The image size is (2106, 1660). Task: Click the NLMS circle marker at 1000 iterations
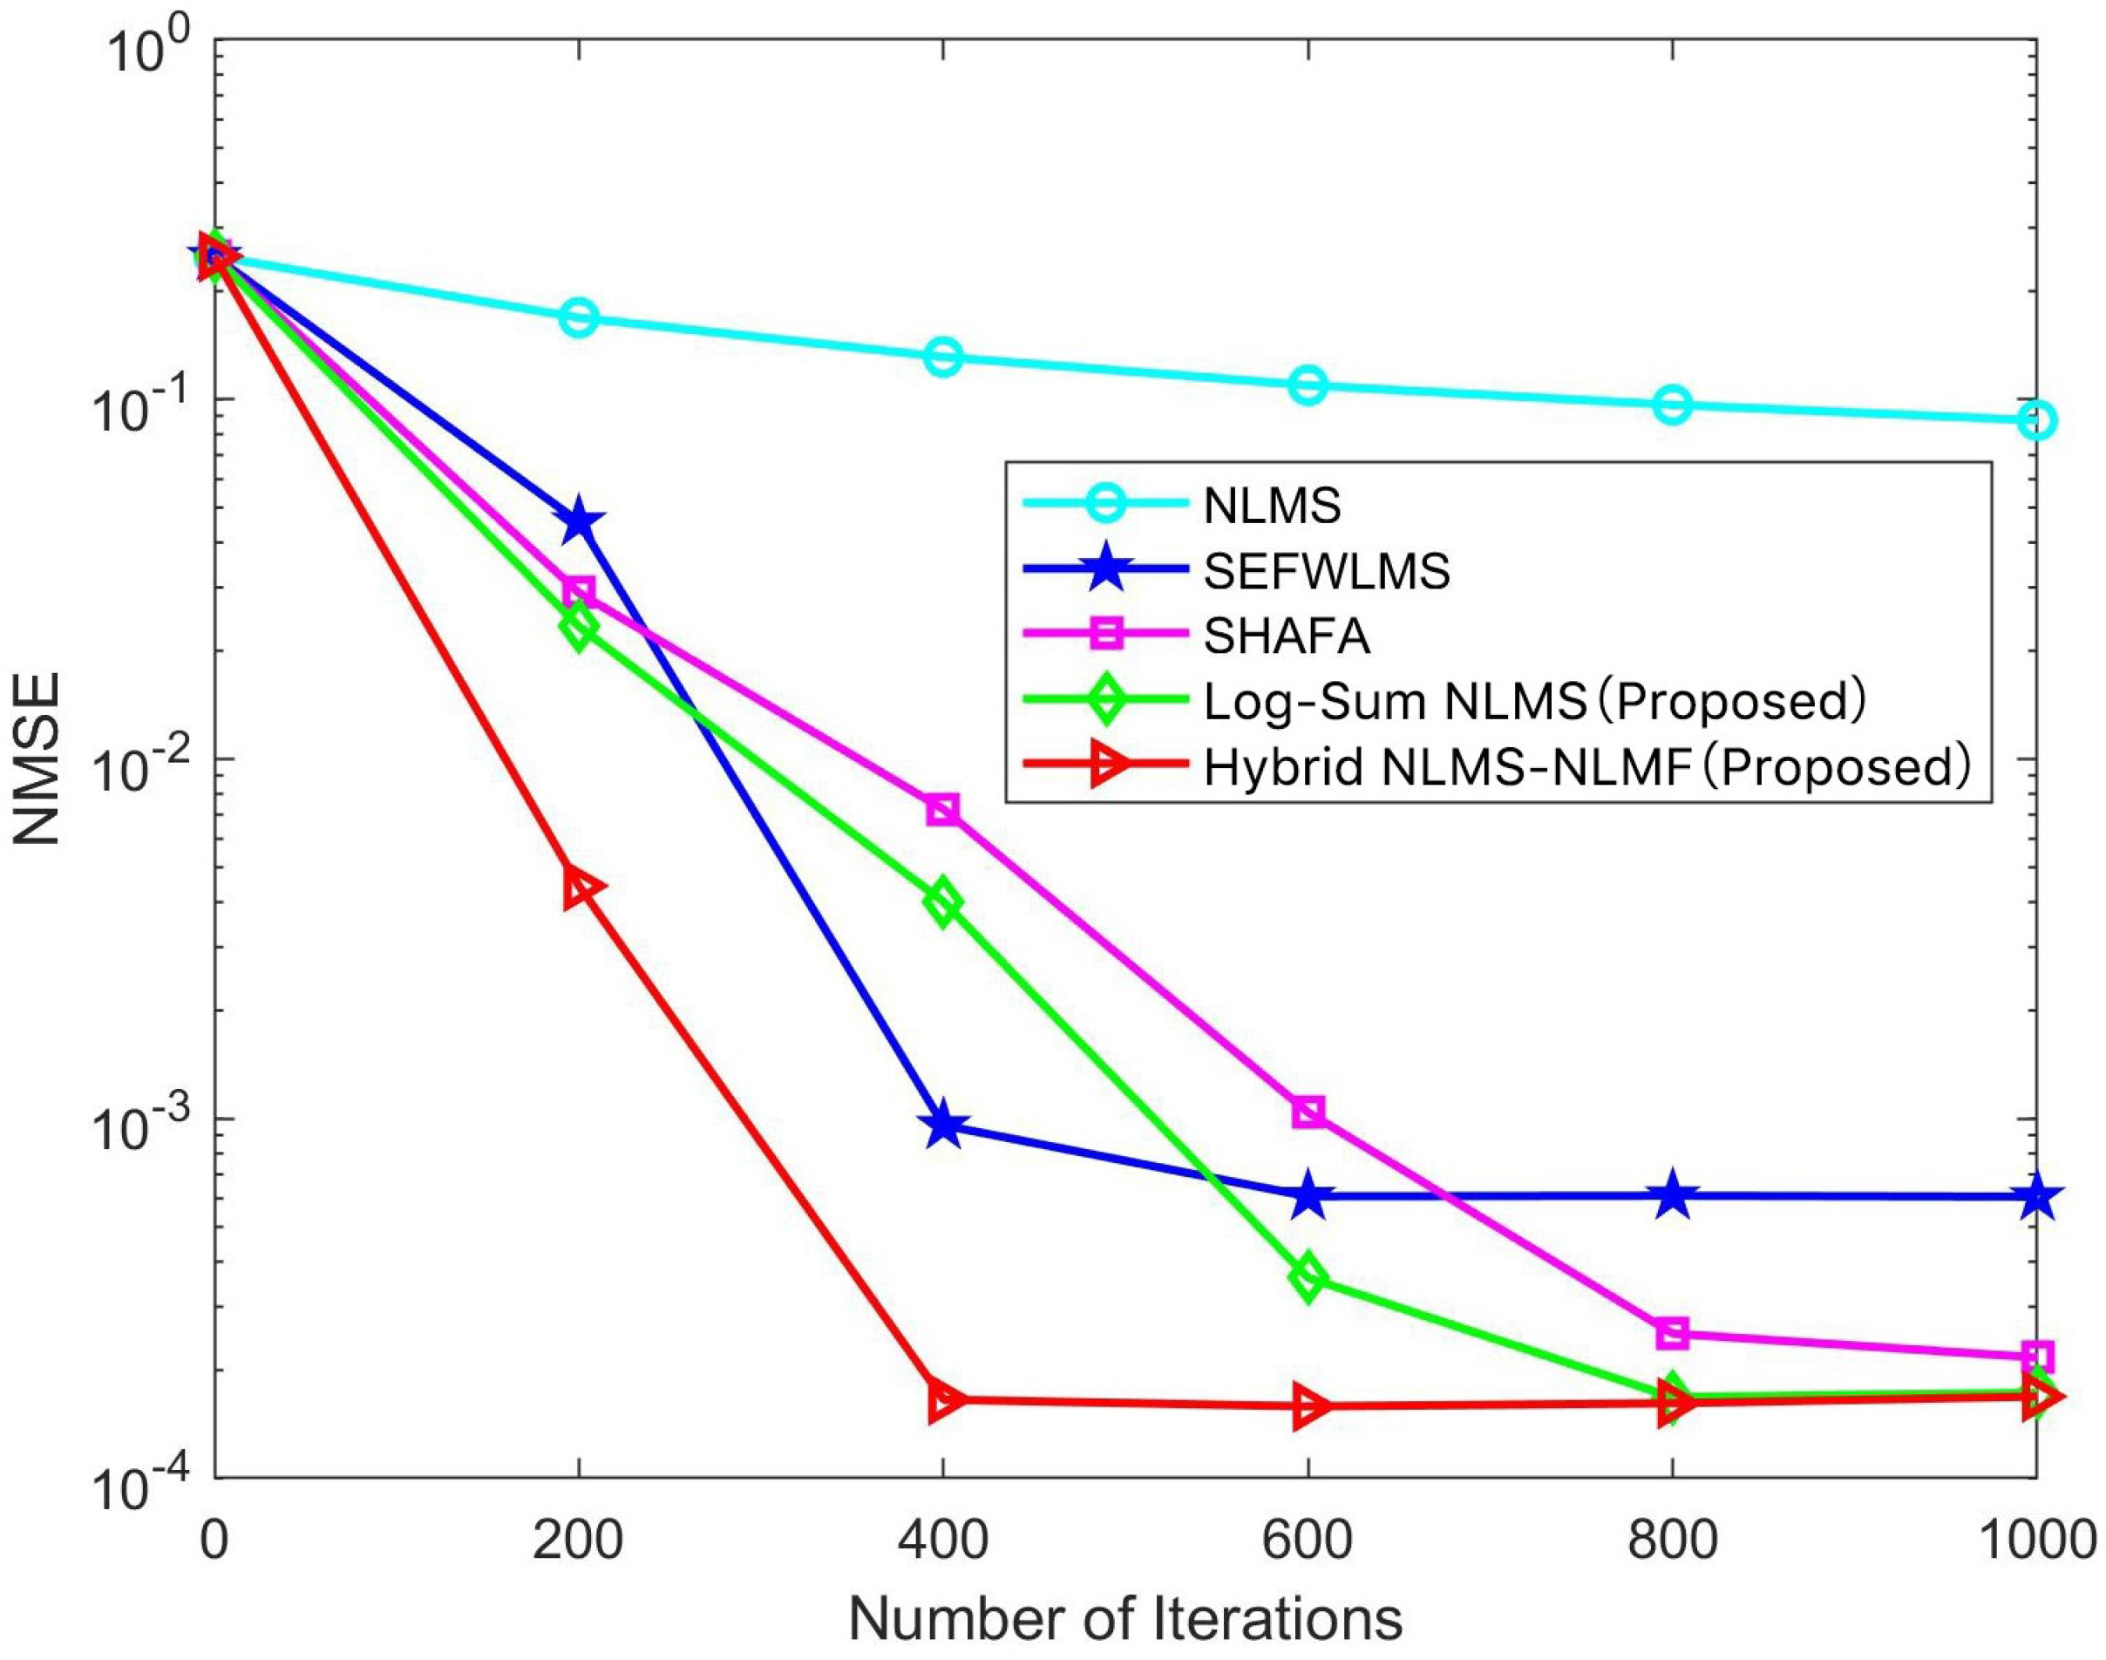pyautogui.click(x=2035, y=420)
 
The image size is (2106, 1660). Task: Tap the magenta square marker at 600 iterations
pyautogui.click(x=1308, y=1112)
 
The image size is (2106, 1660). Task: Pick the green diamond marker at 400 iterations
pyautogui.click(x=942, y=904)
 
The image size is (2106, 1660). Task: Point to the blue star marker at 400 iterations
pyautogui.click(x=942, y=1126)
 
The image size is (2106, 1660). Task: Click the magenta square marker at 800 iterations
pyautogui.click(x=1672, y=1333)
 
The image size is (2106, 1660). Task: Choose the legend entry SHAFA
pyautogui.click(x=1287, y=636)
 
